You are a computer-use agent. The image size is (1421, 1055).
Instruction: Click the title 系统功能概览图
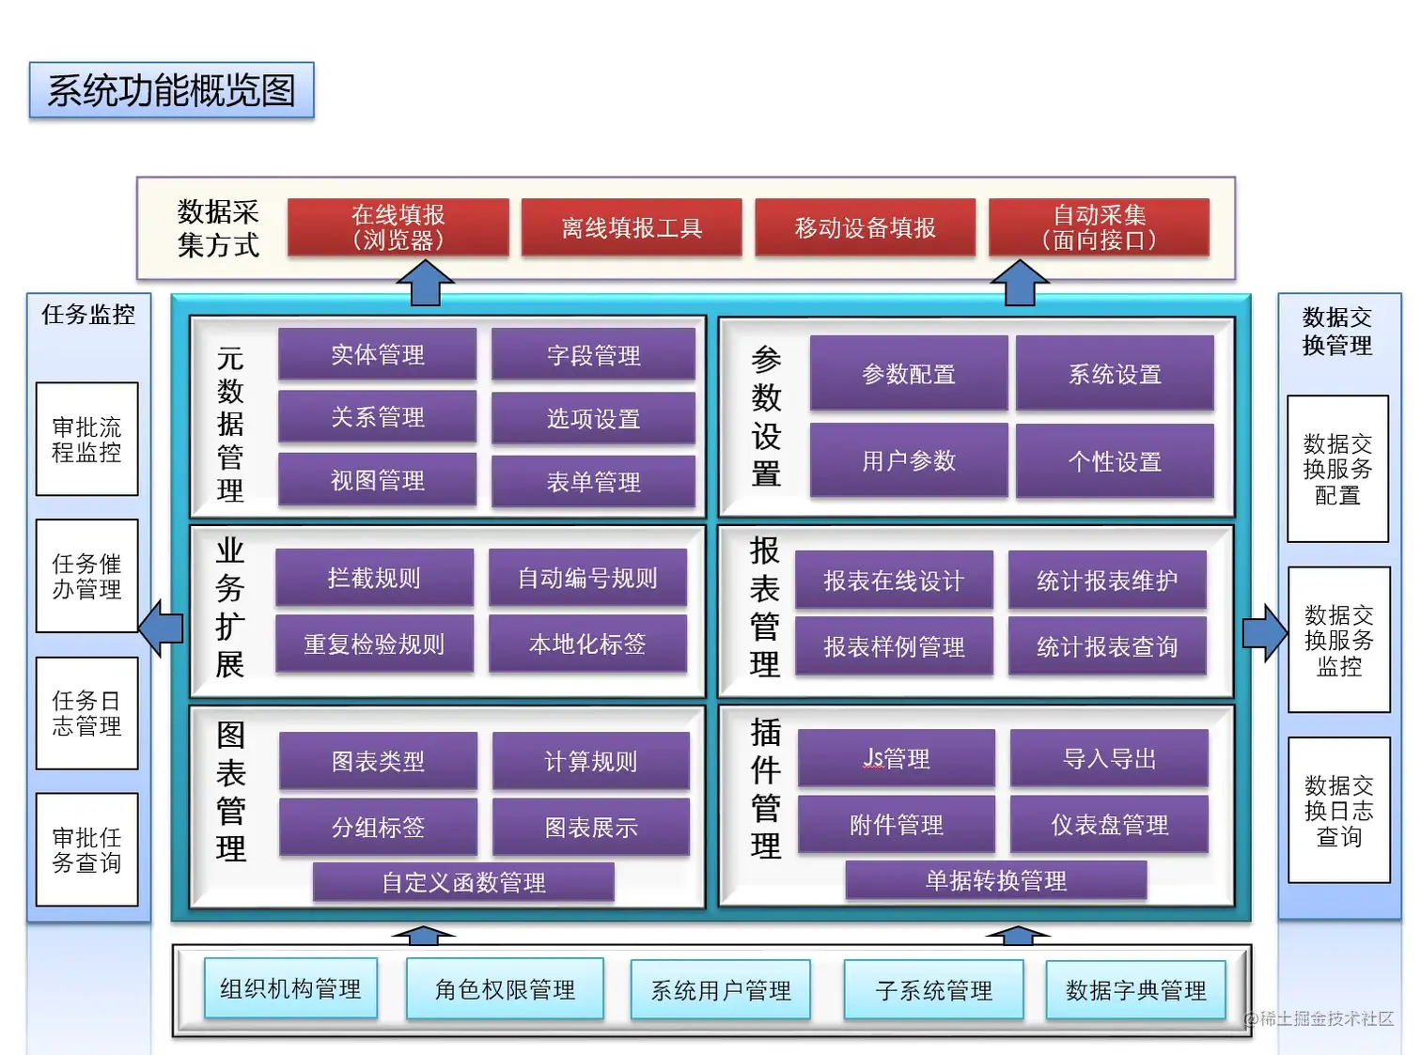point(171,90)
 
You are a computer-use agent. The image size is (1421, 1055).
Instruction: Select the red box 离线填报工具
point(632,227)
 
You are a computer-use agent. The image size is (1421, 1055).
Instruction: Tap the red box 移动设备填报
point(865,227)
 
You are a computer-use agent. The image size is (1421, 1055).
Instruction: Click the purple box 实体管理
point(377,354)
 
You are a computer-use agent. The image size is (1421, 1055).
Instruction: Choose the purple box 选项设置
point(593,418)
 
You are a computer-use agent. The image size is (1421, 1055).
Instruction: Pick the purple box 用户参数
point(908,460)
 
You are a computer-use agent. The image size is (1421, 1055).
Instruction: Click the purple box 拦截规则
point(374,578)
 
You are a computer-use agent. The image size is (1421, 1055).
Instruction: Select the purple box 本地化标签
point(587,644)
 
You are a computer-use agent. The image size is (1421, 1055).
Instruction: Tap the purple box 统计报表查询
point(1106,646)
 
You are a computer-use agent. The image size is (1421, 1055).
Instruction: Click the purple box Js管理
point(896,758)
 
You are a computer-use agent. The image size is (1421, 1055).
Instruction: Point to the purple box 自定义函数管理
point(463,882)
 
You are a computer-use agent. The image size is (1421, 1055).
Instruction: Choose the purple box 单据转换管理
point(995,880)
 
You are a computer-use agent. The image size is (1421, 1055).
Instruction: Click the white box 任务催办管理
point(86,576)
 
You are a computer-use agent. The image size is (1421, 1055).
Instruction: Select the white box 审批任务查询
point(86,849)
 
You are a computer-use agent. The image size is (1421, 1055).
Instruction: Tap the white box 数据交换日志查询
point(1338,810)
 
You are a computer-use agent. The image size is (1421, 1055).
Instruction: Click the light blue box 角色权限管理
point(505,989)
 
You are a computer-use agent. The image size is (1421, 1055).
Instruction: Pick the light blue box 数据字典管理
point(1135,990)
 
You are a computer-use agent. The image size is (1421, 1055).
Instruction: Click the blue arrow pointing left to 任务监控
point(161,628)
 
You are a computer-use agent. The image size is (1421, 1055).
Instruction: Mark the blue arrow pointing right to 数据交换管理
point(1265,633)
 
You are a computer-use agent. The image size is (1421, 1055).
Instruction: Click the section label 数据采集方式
point(218,228)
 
